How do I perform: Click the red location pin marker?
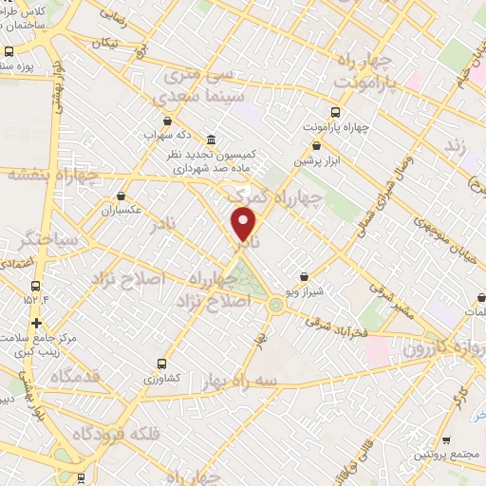pos(244,225)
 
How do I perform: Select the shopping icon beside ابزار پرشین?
pos(317,146)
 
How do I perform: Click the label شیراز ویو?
pos(304,291)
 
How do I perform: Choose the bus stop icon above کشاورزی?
pos(161,363)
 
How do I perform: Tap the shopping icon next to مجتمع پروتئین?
pos(446,439)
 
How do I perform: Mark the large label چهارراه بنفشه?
pos(52,175)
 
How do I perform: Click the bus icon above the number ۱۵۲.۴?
pos(35,286)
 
